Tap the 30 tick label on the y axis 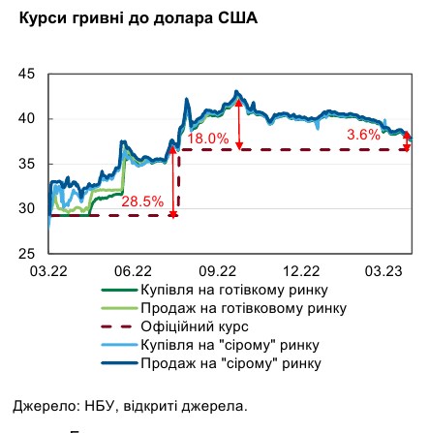pos(16,205)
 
